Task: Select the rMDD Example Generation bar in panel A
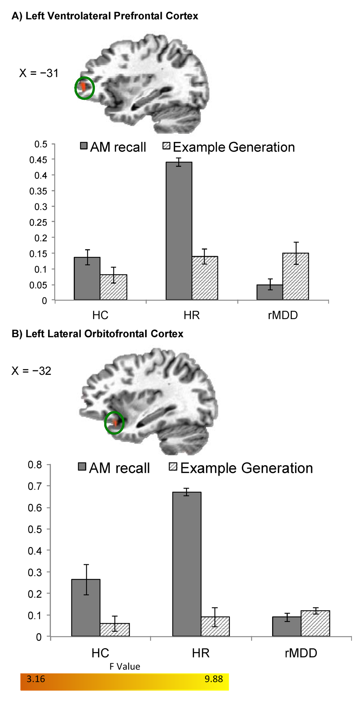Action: pyautogui.click(x=296, y=277)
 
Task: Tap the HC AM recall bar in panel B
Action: pyautogui.click(x=86, y=607)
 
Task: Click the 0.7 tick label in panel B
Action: pyautogui.click(x=34, y=486)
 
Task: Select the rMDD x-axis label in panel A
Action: pyautogui.click(x=283, y=315)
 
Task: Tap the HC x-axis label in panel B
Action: pyautogui.click(x=100, y=653)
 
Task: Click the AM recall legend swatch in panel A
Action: pyautogui.click(x=84, y=146)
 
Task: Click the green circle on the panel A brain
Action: pyautogui.click(x=85, y=88)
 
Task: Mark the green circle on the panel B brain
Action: pyautogui.click(x=114, y=422)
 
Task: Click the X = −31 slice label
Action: pyautogui.click(x=39, y=73)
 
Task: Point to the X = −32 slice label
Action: pyautogui.click(x=31, y=371)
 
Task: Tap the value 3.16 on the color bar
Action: pyautogui.click(x=36, y=679)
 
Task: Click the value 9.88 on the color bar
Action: pyautogui.click(x=214, y=679)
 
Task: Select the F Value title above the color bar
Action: pyautogui.click(x=125, y=667)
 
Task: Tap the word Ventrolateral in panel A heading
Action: pyautogui.click(x=78, y=16)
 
